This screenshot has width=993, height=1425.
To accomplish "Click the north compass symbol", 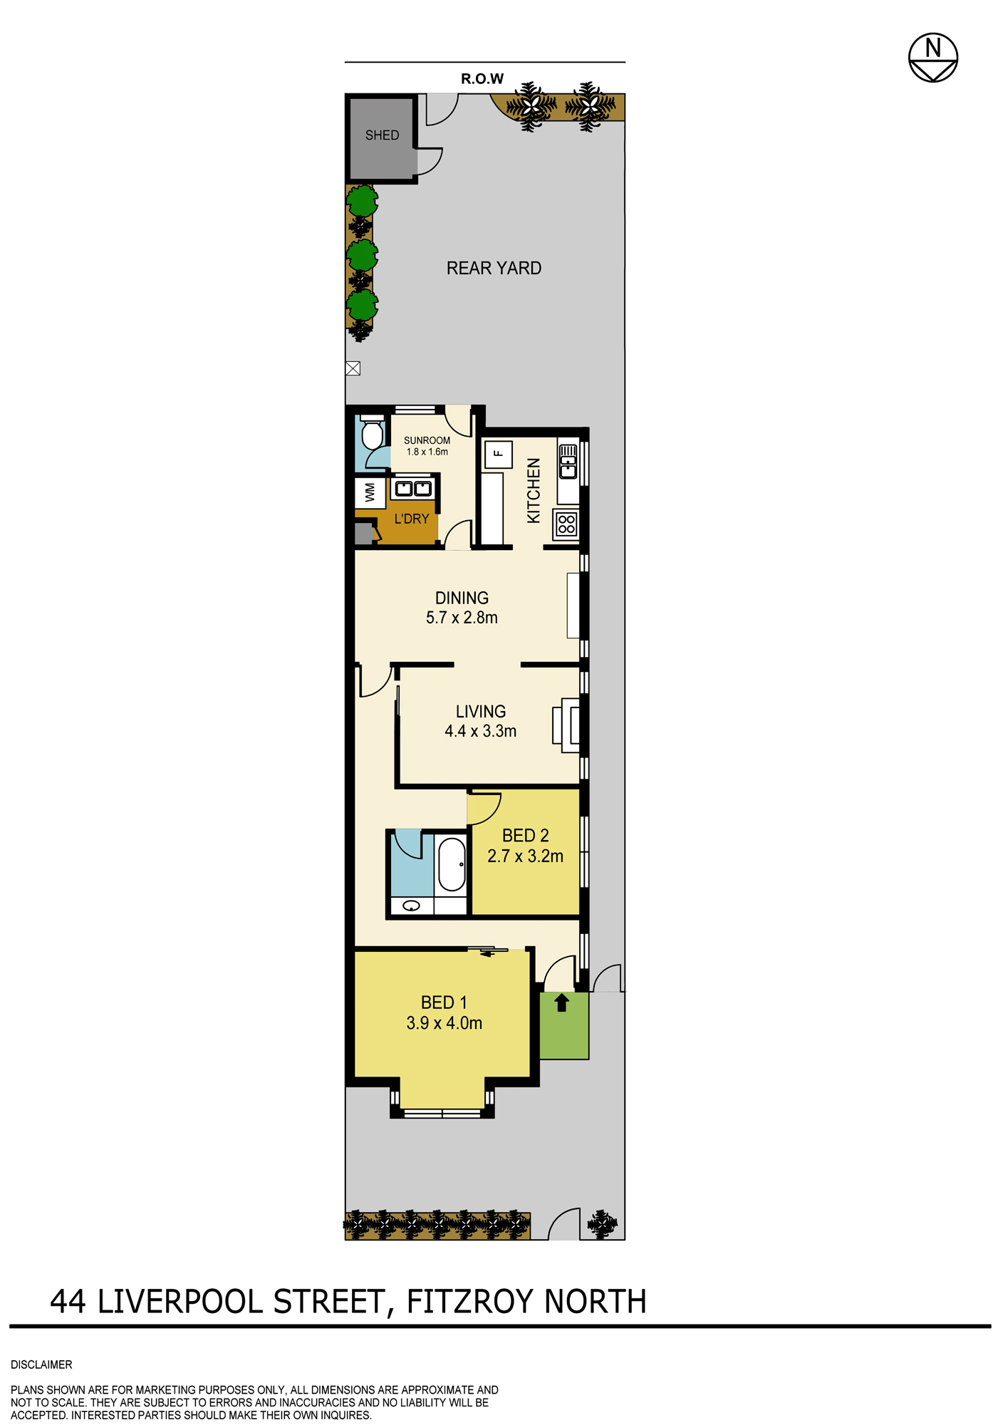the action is point(932,58).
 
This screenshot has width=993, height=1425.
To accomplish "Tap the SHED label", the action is point(382,135).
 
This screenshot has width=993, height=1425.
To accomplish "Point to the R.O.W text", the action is point(482,79).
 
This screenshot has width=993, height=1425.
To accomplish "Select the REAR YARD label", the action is point(494,269).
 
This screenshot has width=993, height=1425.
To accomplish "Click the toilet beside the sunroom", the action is point(372,432).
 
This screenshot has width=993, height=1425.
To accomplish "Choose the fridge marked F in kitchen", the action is point(498,454).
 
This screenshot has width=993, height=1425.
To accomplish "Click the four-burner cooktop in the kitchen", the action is point(566,524).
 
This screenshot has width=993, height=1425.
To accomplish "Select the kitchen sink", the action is point(568,461).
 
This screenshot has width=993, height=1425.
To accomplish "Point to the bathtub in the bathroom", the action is point(451,864).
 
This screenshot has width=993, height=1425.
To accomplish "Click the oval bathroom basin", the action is point(411,906).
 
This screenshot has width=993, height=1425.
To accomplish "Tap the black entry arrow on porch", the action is point(561,1002).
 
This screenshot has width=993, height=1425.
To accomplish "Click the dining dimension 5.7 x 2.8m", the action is point(462,618).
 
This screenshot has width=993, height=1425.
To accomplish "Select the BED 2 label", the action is point(526,835).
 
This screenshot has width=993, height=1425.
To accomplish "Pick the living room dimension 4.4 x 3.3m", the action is point(481,731).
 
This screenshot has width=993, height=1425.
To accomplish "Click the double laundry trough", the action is point(413,488).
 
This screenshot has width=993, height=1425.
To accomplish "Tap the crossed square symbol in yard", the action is point(353,368).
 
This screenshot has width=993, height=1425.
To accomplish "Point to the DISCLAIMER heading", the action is point(41,1364).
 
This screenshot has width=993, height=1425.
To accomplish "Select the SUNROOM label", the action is point(427,440).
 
